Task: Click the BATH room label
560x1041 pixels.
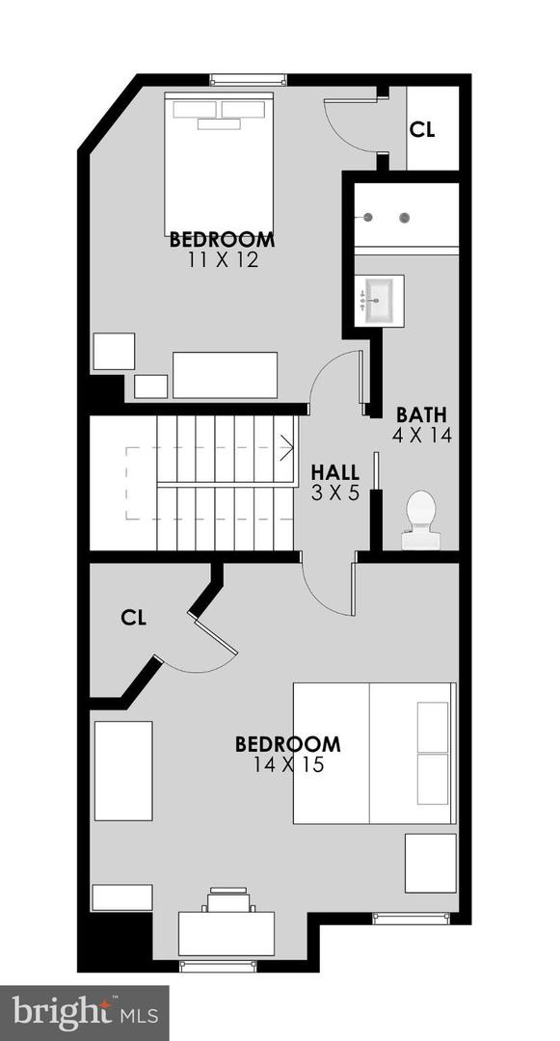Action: (421, 415)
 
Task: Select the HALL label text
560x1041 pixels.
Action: (335, 473)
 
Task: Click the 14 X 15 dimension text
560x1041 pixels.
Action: (287, 765)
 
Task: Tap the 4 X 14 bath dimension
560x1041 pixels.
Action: (421, 435)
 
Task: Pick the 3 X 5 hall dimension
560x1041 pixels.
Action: (335, 493)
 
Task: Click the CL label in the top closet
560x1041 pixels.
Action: (422, 130)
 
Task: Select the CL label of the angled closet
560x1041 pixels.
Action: (134, 618)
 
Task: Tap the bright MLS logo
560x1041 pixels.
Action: (85, 1012)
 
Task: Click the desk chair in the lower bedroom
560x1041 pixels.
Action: (227, 900)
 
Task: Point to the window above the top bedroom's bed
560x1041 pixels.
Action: (249, 79)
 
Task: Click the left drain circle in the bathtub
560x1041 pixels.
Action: (367, 218)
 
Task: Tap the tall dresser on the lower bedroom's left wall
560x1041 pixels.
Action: (123, 770)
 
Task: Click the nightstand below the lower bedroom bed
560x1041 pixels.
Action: (430, 863)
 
